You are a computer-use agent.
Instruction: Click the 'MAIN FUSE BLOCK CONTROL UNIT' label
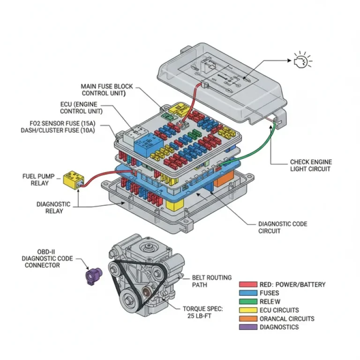pos(107,90)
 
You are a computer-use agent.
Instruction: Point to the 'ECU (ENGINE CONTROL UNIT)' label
pos(81,107)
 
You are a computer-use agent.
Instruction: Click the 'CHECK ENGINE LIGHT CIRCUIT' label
pos(310,165)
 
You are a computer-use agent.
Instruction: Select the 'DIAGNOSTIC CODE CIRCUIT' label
pos(283,227)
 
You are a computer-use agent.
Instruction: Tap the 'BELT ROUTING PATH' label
pos(212,281)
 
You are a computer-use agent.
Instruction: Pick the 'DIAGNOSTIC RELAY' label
pos(53,208)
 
